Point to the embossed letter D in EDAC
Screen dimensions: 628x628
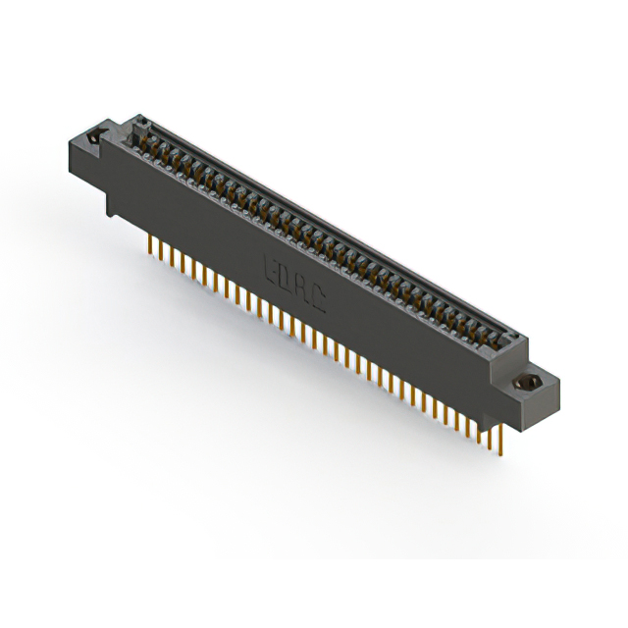pyautogui.click(x=284, y=272)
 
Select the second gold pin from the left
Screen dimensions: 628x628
pyautogui.click(x=160, y=249)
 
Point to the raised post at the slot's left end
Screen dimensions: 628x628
pyautogui.click(x=133, y=128)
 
